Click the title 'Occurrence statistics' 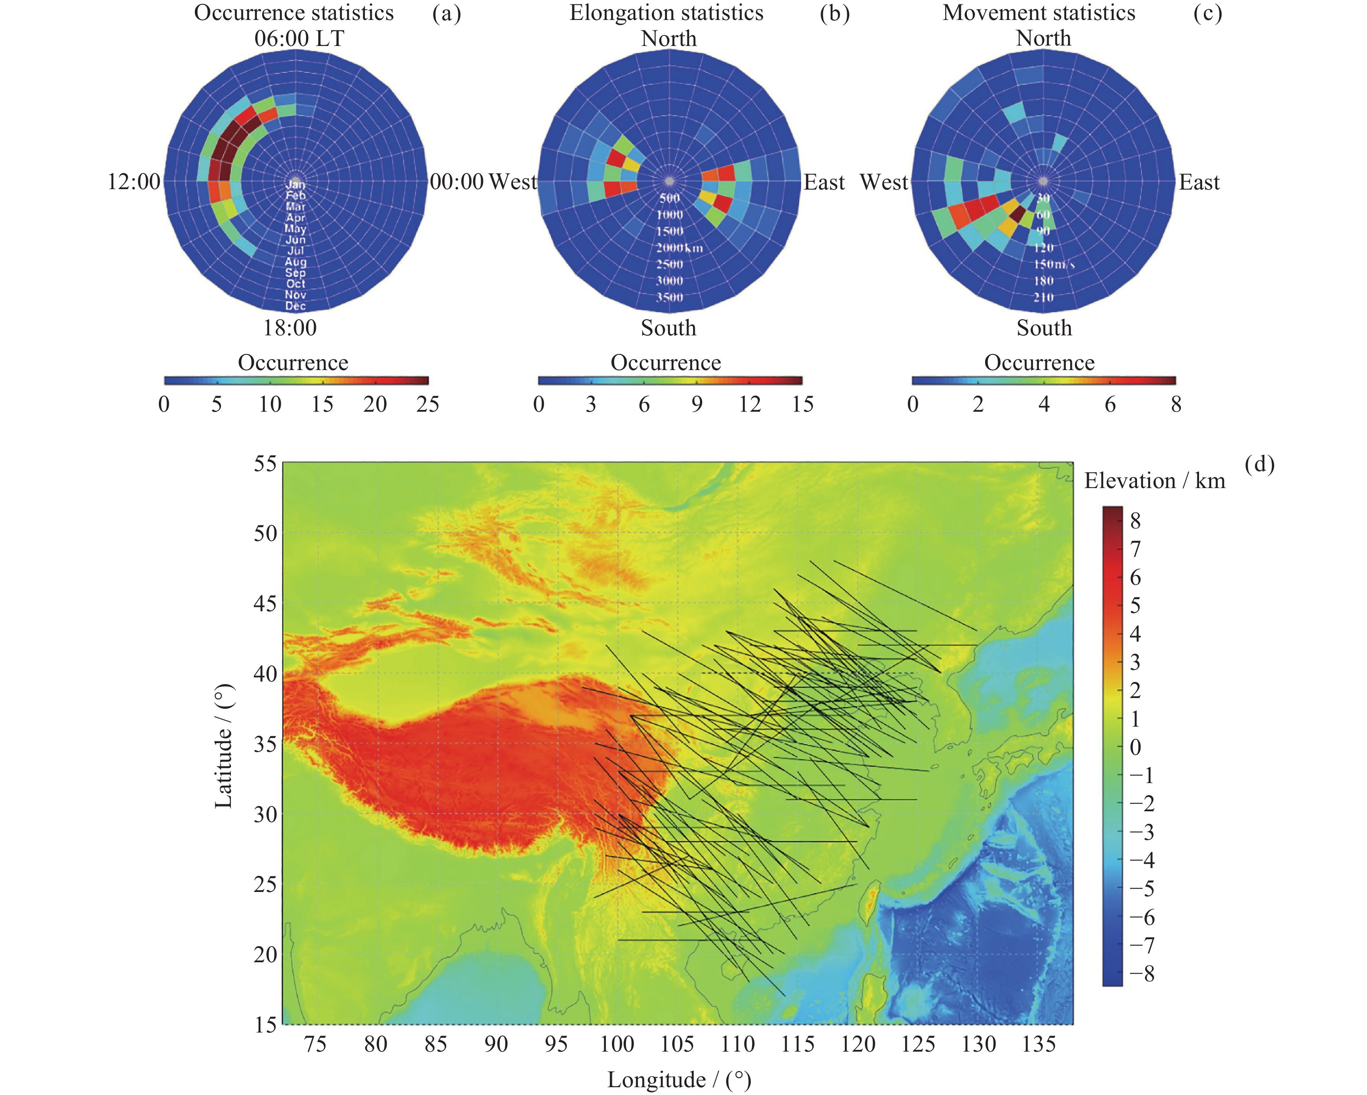pos(293,13)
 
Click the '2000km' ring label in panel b pos(679,248)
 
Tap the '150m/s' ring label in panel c pos(1054,264)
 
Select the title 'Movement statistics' pos(1038,13)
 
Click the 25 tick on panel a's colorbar pos(428,404)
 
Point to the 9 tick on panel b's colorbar pos(697,404)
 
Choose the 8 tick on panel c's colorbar pos(1176,404)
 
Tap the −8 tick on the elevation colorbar pos(1142,974)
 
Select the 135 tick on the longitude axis pos(1038,1044)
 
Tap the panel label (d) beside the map pos(1259,465)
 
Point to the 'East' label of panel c pos(1199,183)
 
